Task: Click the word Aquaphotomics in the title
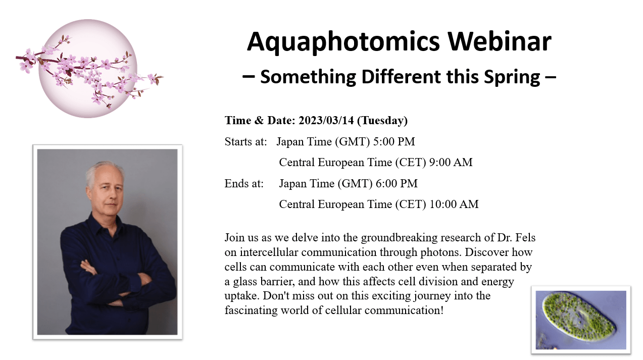tap(343, 42)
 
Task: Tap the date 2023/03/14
tap(326, 121)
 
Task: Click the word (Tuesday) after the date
tap(382, 121)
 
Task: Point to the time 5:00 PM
tap(394, 141)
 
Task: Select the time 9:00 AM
tap(451, 163)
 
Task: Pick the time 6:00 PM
tap(397, 184)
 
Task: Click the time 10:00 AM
tap(454, 204)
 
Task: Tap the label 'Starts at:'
tap(245, 141)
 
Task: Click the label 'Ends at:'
tap(244, 184)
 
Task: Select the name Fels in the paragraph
tap(525, 237)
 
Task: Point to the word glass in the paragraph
tap(245, 281)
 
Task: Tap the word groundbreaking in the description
tap(399, 238)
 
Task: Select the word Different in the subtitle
tap(401, 77)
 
